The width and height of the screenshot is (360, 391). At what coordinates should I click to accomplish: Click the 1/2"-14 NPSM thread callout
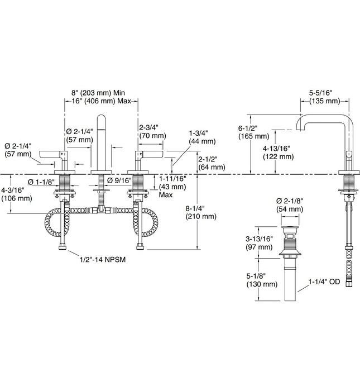pyautogui.click(x=103, y=260)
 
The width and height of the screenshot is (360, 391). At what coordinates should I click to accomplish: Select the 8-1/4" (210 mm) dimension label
pyautogui.click(x=201, y=212)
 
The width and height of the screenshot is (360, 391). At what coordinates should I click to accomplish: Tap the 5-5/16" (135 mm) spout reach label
pyautogui.click(x=324, y=97)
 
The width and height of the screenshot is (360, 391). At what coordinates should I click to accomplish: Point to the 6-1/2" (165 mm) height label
pyautogui.click(x=253, y=132)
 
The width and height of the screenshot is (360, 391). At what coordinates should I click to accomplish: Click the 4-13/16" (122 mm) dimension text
pyautogui.click(x=279, y=152)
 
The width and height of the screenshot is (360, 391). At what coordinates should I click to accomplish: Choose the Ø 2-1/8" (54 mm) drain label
pyautogui.click(x=290, y=205)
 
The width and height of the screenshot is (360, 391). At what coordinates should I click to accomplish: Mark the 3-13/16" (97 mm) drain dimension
pyautogui.click(x=259, y=243)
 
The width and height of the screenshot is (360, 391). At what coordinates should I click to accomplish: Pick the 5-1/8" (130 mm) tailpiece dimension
pyautogui.click(x=262, y=280)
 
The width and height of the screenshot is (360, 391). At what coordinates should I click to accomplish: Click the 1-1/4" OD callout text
pyautogui.click(x=324, y=282)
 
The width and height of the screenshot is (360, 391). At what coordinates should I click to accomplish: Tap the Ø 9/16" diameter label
pyautogui.click(x=119, y=180)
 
